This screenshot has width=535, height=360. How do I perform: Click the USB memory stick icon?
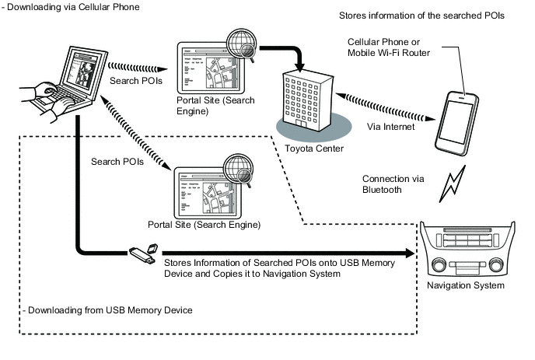[x=143, y=252]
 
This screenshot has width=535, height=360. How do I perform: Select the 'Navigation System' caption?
[x=466, y=285]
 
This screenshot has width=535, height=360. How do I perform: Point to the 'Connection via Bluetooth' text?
[x=393, y=183]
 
